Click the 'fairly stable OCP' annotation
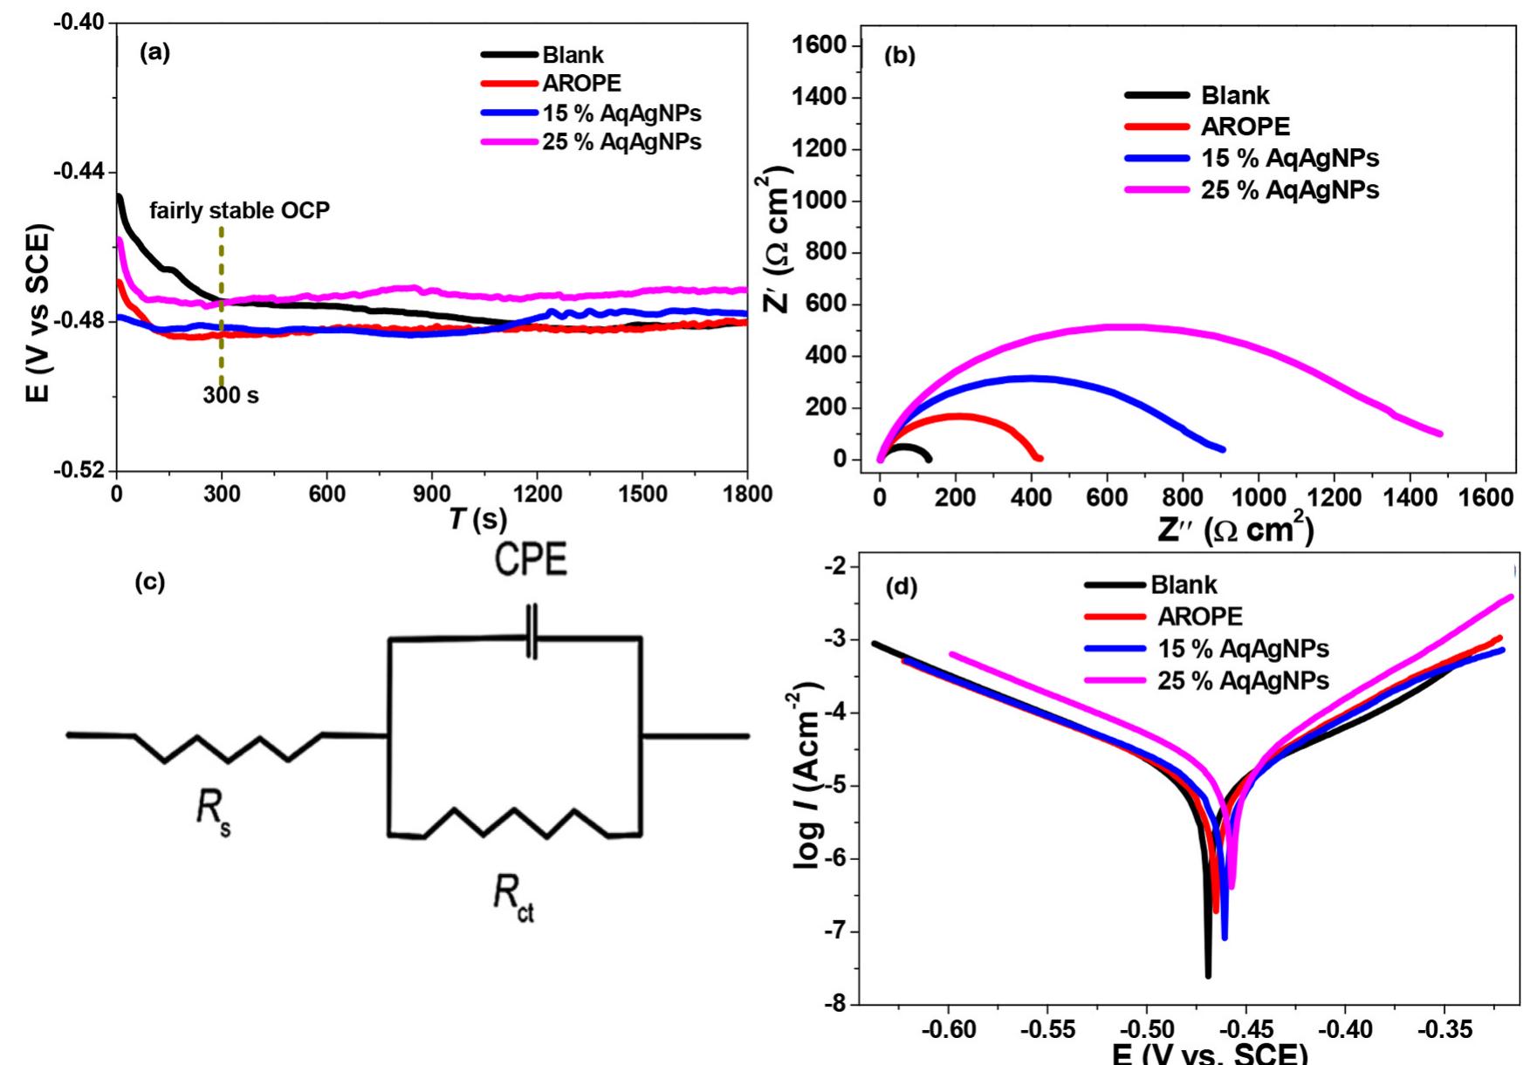tap(239, 210)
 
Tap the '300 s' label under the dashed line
tap(230, 395)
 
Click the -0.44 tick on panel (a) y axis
tap(78, 172)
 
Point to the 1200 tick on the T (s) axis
tap(537, 493)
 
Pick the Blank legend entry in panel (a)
tap(573, 55)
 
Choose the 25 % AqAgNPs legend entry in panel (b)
tap(1289, 190)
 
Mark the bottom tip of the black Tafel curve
tap(1208, 974)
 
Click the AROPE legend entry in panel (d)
tap(1199, 617)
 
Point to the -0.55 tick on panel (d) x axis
tap(1047, 1030)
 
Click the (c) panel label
tap(149, 583)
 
